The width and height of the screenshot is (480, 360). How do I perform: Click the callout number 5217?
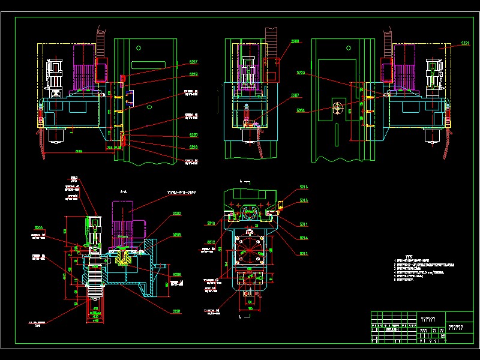(x=194, y=62)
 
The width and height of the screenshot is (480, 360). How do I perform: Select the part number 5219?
(x=194, y=74)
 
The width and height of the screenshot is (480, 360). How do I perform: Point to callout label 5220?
(x=194, y=136)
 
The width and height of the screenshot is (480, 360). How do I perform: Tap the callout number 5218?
(x=194, y=147)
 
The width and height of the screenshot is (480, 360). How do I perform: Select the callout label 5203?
(x=301, y=73)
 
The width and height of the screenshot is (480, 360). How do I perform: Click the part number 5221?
(x=465, y=44)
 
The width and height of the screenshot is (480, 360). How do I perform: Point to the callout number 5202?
(x=177, y=214)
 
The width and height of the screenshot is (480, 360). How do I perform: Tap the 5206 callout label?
(x=177, y=235)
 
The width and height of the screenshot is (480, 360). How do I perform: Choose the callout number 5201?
(x=177, y=311)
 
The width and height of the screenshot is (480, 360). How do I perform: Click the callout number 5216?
(x=304, y=187)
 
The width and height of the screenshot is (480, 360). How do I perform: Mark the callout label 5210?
(x=211, y=223)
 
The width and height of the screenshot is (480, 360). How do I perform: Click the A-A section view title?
(x=123, y=191)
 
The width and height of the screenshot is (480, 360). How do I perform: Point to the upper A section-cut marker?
(x=241, y=181)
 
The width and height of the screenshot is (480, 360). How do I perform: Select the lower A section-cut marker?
(x=241, y=316)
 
